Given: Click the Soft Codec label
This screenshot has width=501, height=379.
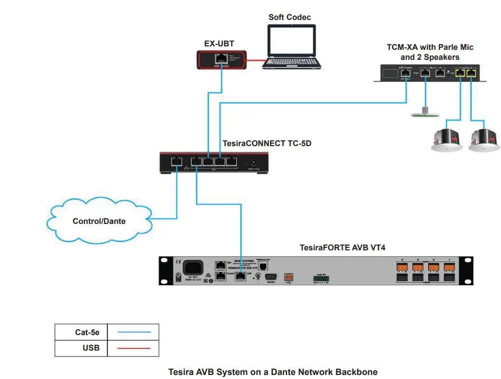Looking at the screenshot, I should coord(290,17).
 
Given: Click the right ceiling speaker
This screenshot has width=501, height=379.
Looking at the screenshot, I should coord(483,140).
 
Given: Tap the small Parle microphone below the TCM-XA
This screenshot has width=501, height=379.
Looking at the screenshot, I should coord(424,114).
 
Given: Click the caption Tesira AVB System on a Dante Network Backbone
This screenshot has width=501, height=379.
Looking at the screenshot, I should coord(273,372).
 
